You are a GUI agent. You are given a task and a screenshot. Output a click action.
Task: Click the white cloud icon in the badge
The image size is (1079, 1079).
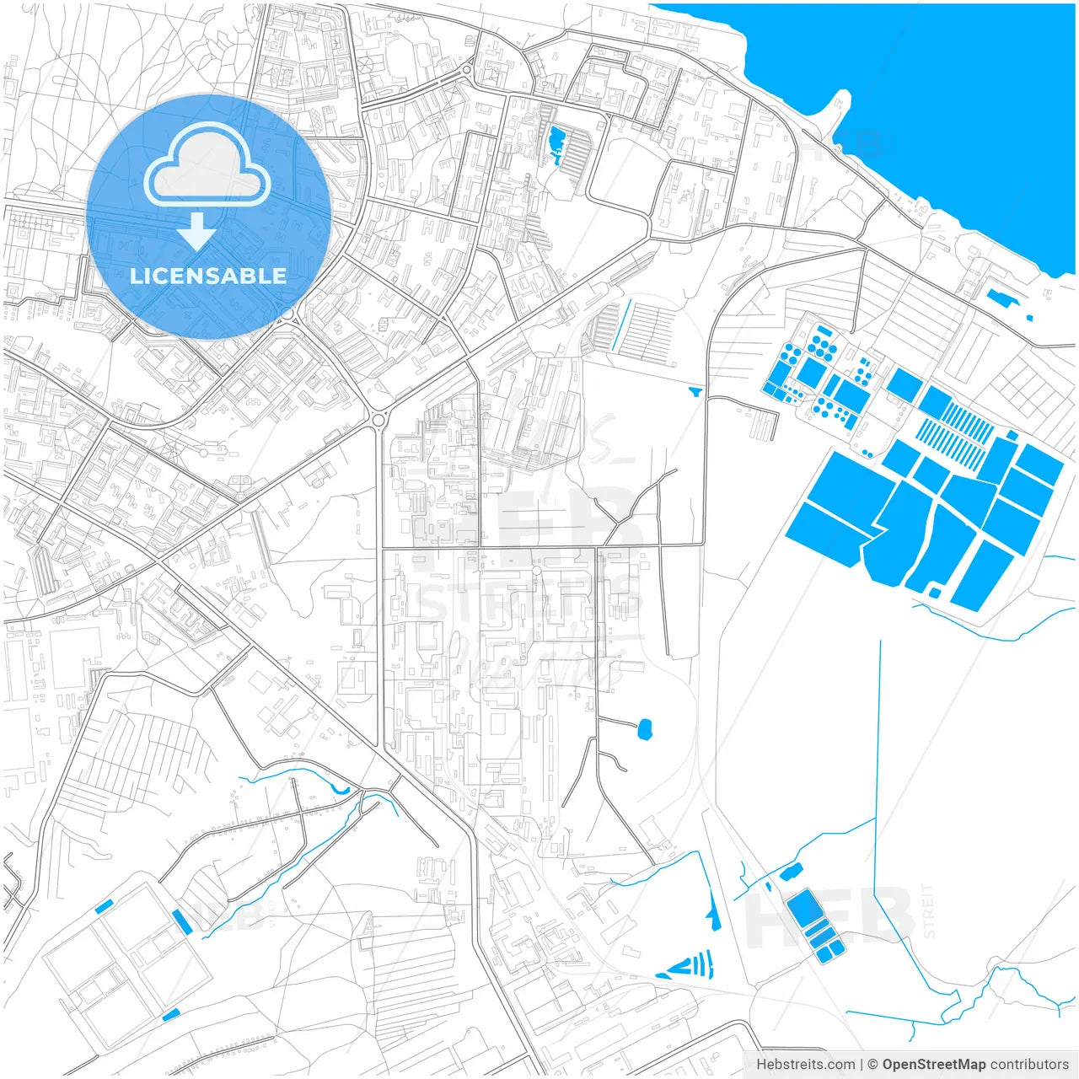(207, 166)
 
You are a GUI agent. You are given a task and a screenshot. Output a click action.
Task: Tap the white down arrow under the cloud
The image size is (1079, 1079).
(197, 231)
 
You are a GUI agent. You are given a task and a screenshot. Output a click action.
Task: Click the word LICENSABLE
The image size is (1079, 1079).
(207, 276)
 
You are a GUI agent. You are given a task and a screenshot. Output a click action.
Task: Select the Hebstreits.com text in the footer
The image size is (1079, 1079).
(806, 1065)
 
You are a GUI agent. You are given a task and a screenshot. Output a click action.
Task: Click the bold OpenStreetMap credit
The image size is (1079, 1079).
(933, 1065)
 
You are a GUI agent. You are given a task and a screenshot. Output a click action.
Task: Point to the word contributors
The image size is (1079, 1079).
(1029, 1065)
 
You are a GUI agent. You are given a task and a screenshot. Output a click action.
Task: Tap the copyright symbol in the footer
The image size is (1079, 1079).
(873, 1065)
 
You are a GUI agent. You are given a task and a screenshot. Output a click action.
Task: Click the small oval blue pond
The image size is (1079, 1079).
(646, 728)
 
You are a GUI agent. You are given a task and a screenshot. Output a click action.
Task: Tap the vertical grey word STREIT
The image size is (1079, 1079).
(928, 910)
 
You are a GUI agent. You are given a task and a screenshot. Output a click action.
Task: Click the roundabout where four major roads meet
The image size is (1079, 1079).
(378, 419)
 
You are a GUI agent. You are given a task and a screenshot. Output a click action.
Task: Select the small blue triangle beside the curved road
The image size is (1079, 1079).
(695, 391)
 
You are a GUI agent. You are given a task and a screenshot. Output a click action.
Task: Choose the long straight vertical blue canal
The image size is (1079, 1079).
(878, 742)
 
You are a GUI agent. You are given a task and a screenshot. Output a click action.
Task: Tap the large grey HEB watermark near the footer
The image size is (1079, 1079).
(830, 919)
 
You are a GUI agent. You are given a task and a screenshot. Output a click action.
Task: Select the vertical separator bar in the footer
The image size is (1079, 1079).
(862, 1065)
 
